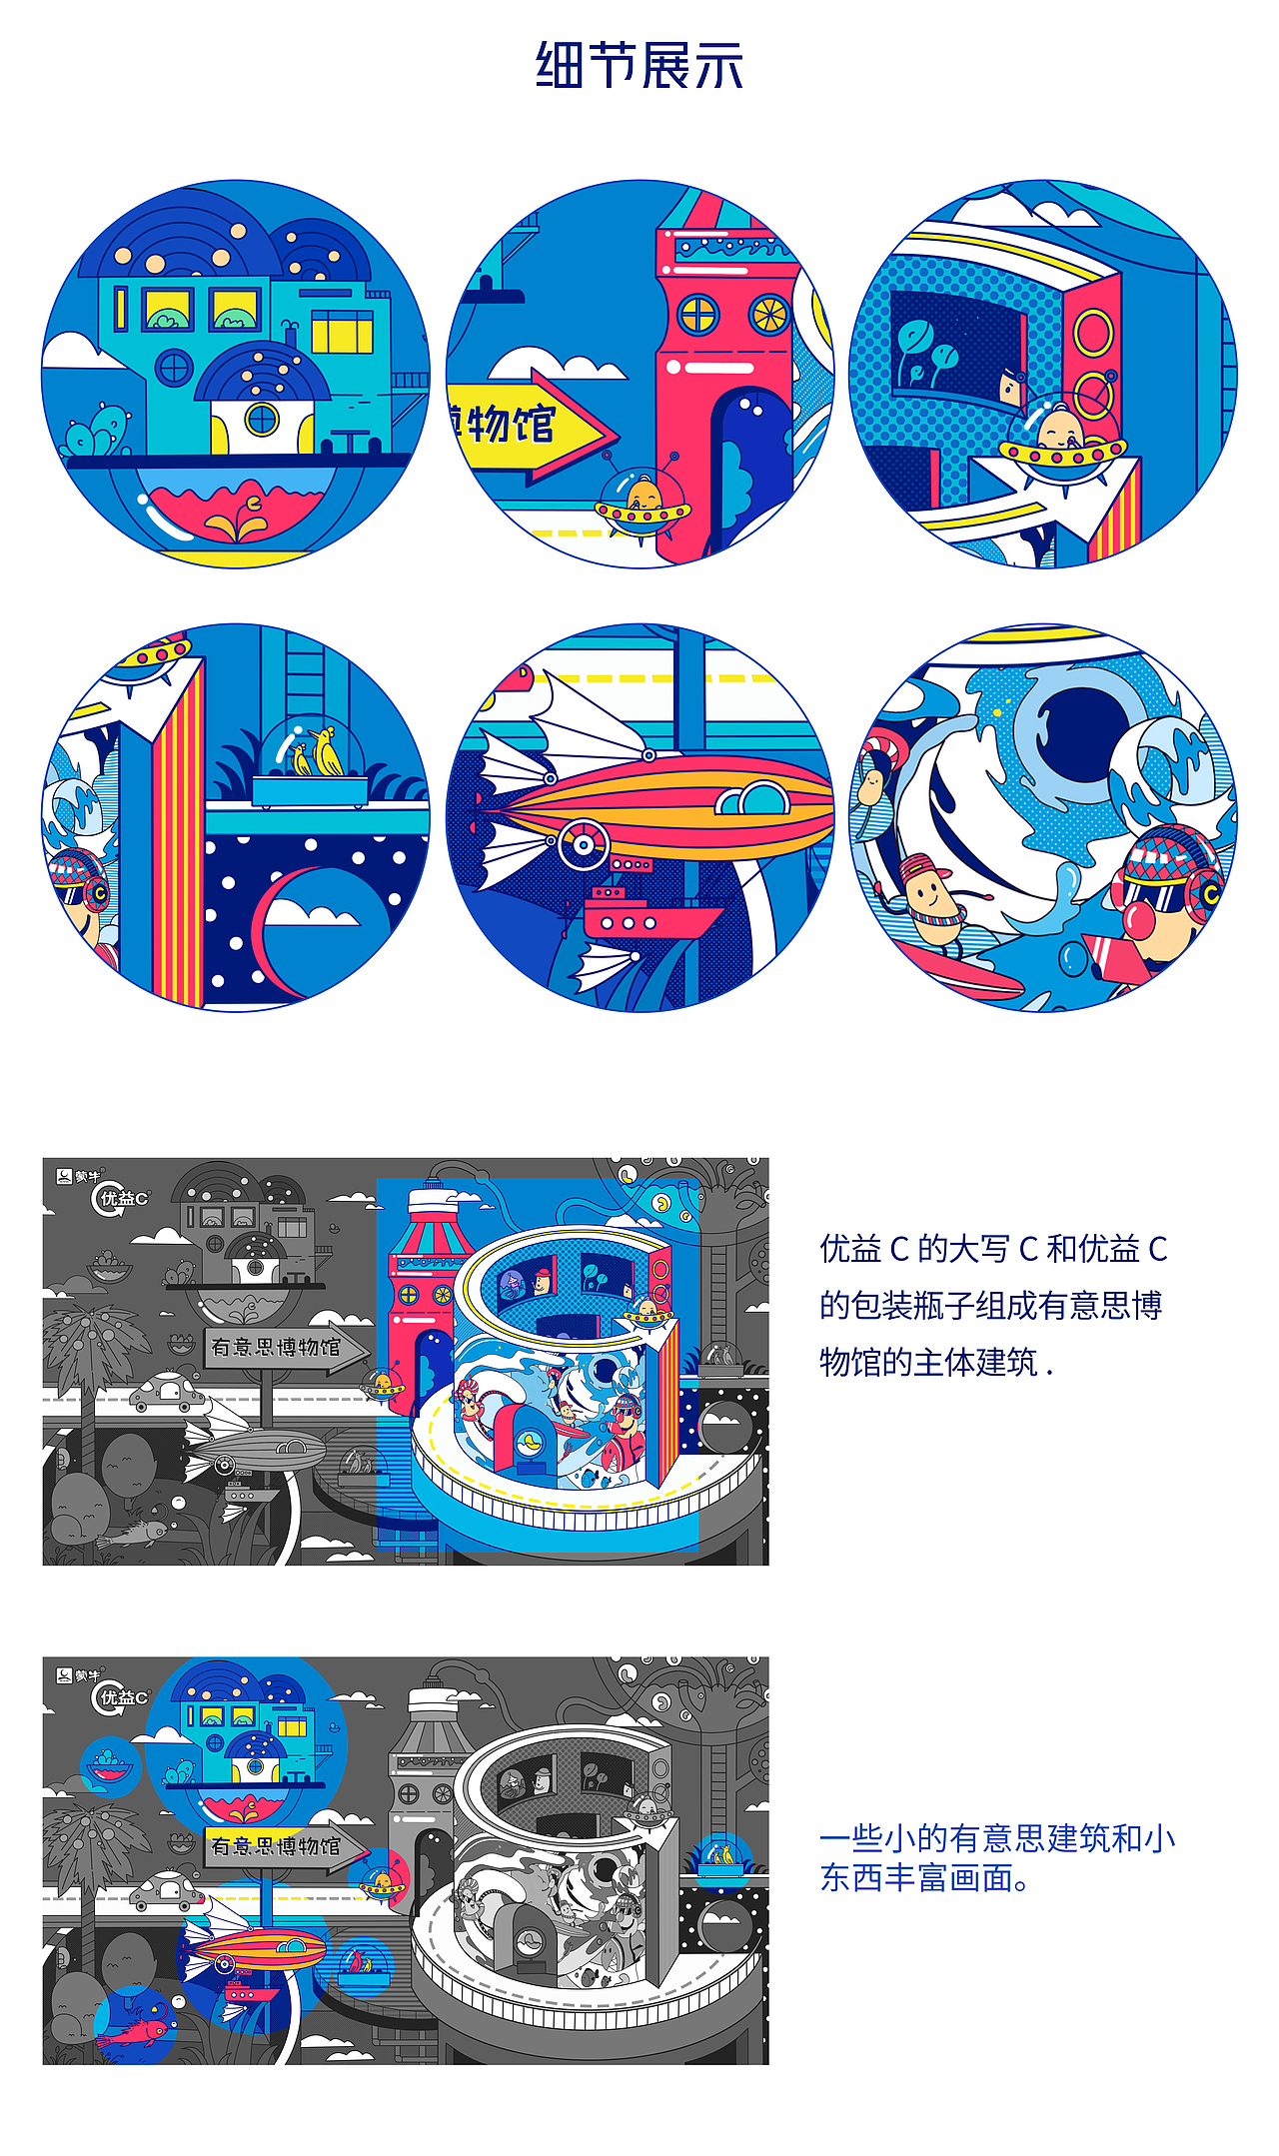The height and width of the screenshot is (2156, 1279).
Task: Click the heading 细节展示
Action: click(639, 66)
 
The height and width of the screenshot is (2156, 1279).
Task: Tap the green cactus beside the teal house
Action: click(95, 432)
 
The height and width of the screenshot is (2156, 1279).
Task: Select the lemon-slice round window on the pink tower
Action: click(769, 315)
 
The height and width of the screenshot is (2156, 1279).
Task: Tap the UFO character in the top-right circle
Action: click(1061, 440)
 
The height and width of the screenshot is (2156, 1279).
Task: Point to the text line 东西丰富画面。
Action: click(924, 1878)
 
